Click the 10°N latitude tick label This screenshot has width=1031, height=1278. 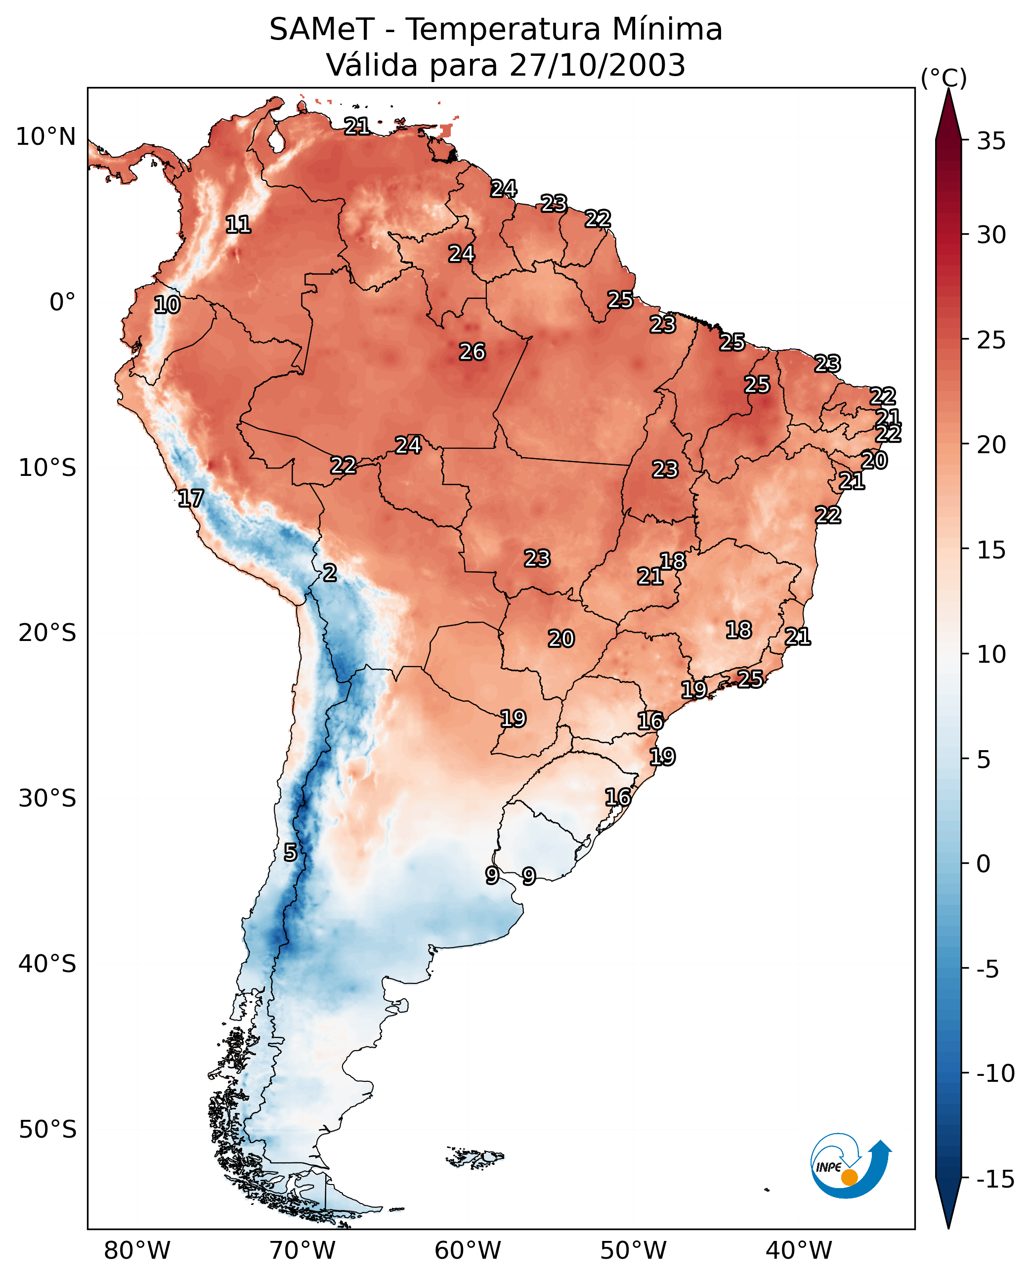pos(46,137)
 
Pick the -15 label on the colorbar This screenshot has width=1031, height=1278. pos(995,1179)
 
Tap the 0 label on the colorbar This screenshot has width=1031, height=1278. pos(984,864)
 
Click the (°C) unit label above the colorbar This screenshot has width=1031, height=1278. pos(944,78)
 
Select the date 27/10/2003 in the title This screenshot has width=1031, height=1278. pos(597,65)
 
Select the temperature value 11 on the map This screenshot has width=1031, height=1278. pos(238,224)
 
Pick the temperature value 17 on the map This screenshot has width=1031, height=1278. pos(191,498)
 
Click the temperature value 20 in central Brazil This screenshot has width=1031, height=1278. pos(560,639)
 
